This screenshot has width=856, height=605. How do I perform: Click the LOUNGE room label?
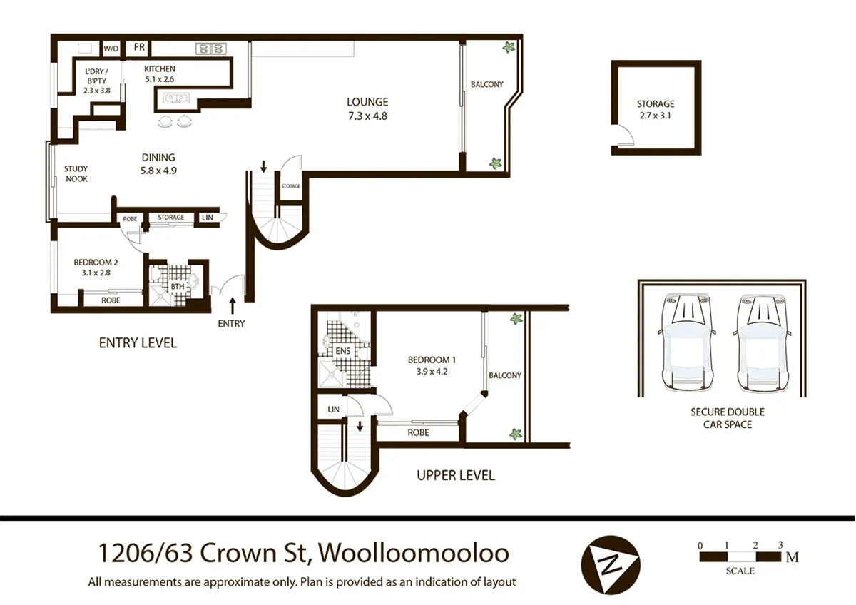point(368,102)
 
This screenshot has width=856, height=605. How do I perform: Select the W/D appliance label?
point(111,49)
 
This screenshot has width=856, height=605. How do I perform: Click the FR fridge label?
point(139,48)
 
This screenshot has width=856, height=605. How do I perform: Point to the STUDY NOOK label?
point(76,174)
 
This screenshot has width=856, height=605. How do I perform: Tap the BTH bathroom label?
point(178,287)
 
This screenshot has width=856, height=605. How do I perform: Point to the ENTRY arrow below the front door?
point(233,307)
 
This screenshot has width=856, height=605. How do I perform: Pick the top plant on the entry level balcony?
point(509,48)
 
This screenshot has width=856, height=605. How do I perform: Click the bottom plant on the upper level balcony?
point(514,433)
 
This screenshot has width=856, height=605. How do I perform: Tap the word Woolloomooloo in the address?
point(413,554)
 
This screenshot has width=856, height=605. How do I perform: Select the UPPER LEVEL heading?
point(455,475)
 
